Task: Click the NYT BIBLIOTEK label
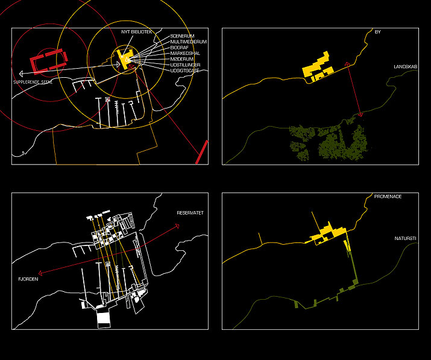point(137,32)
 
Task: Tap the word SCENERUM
point(182,36)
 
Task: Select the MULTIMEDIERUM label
point(189,42)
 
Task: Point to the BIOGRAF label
point(180,48)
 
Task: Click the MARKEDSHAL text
point(185,53)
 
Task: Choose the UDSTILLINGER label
point(185,65)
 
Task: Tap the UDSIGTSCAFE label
point(184,71)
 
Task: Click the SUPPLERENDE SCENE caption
point(33,82)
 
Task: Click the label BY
point(378,32)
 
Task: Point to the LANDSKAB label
point(406,67)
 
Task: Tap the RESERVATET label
point(190,213)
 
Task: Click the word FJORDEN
point(28,279)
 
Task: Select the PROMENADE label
point(388,197)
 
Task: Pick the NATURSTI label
point(405,238)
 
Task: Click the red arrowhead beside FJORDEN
point(40,273)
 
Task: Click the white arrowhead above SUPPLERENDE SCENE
point(21,74)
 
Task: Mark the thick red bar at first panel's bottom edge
point(201,152)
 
